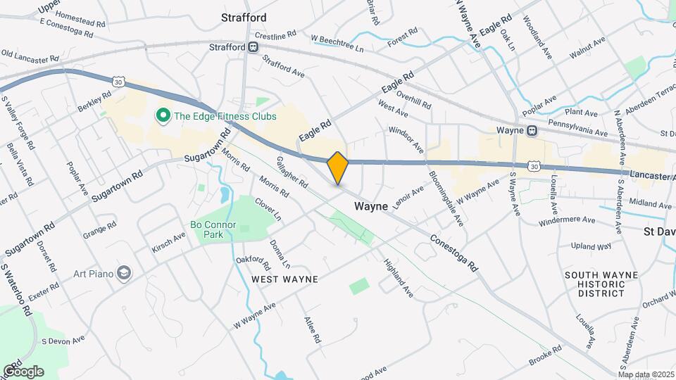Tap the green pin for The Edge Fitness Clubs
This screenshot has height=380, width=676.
[163, 115]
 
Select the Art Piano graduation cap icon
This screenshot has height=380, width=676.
[125, 272]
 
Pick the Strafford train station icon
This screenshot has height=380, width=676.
[252, 46]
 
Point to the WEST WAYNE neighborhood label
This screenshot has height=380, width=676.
[285, 279]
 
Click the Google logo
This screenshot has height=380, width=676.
[23, 371]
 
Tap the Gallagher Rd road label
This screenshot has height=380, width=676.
[292, 172]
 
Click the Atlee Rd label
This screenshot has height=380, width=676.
[312, 329]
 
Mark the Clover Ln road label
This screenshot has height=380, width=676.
[268, 209]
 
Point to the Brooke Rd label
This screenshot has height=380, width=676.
[546, 355]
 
